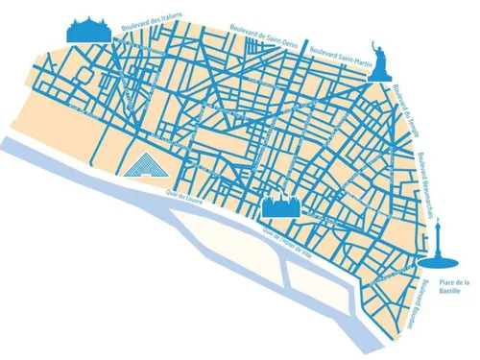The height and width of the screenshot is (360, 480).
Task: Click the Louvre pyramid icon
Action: tap(143, 166)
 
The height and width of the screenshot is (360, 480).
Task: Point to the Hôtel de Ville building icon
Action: tap(282, 204)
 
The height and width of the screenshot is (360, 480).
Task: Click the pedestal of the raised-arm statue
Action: tap(384, 72)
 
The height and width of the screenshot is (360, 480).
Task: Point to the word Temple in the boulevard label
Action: tap(410, 119)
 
